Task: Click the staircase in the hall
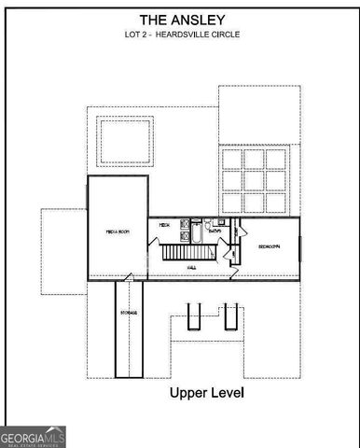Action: click(183, 252)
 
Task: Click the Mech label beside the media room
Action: click(163, 225)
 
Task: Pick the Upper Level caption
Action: click(206, 393)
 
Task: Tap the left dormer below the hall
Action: click(193, 318)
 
